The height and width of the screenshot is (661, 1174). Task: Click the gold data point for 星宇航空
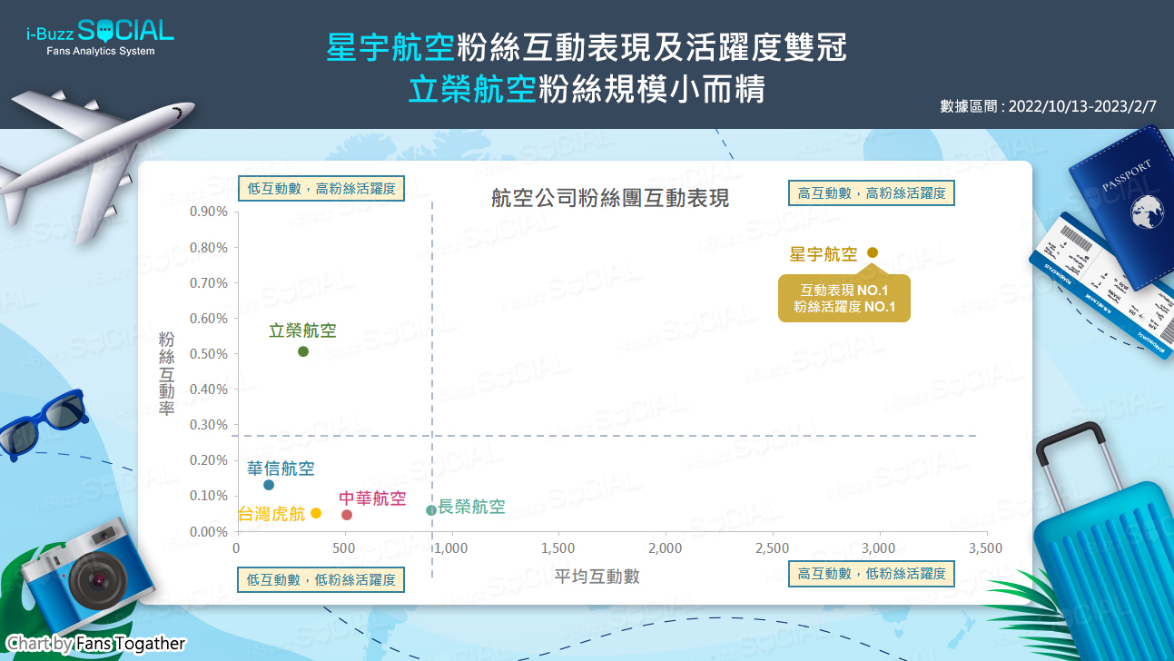pos(873,252)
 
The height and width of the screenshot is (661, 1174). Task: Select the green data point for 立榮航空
pos(303,351)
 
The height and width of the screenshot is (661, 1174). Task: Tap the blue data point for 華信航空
pos(269,485)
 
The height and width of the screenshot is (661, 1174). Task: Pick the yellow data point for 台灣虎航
pos(315,513)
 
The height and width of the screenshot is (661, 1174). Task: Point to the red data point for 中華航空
pos(347,515)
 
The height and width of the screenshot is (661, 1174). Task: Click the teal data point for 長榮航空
pos(430,510)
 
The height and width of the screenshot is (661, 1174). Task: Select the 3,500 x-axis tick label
pos(985,548)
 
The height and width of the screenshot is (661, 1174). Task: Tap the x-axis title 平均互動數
pos(597,576)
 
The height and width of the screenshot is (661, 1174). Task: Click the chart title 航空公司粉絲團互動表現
pos(610,198)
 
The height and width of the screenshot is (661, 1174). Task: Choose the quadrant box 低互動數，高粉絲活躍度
pos(321,188)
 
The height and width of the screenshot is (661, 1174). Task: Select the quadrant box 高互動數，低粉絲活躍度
pos(872,574)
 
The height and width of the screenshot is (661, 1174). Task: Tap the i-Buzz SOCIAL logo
pos(100,36)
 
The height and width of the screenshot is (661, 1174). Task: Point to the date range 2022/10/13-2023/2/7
pos(1082,106)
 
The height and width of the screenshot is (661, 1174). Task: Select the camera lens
pos(98,580)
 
